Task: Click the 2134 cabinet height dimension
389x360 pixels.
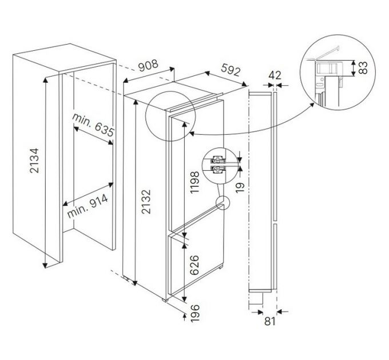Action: click(x=34, y=161)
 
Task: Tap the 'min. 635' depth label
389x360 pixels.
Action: click(x=93, y=126)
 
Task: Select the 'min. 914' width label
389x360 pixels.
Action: click(x=88, y=206)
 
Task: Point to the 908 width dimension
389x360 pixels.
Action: click(x=148, y=65)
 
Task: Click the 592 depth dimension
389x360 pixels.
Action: click(x=231, y=70)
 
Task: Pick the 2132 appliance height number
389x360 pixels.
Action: click(x=146, y=202)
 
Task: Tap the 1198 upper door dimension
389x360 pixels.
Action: click(x=194, y=182)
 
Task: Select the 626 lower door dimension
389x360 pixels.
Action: click(x=194, y=265)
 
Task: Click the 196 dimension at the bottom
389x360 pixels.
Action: click(x=194, y=313)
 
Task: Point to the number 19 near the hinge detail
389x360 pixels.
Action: click(x=240, y=187)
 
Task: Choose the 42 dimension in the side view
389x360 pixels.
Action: click(x=275, y=75)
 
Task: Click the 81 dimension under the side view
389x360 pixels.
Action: click(x=270, y=321)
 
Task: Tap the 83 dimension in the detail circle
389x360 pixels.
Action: click(x=363, y=67)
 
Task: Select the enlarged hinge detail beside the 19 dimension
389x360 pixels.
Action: click(x=217, y=165)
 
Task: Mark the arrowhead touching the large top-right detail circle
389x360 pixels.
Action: click(x=312, y=105)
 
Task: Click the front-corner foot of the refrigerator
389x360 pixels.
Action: click(x=165, y=300)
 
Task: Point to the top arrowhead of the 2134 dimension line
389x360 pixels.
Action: click(x=45, y=80)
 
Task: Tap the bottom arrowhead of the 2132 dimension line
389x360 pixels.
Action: click(x=134, y=283)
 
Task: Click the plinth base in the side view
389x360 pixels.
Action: click(x=256, y=298)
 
